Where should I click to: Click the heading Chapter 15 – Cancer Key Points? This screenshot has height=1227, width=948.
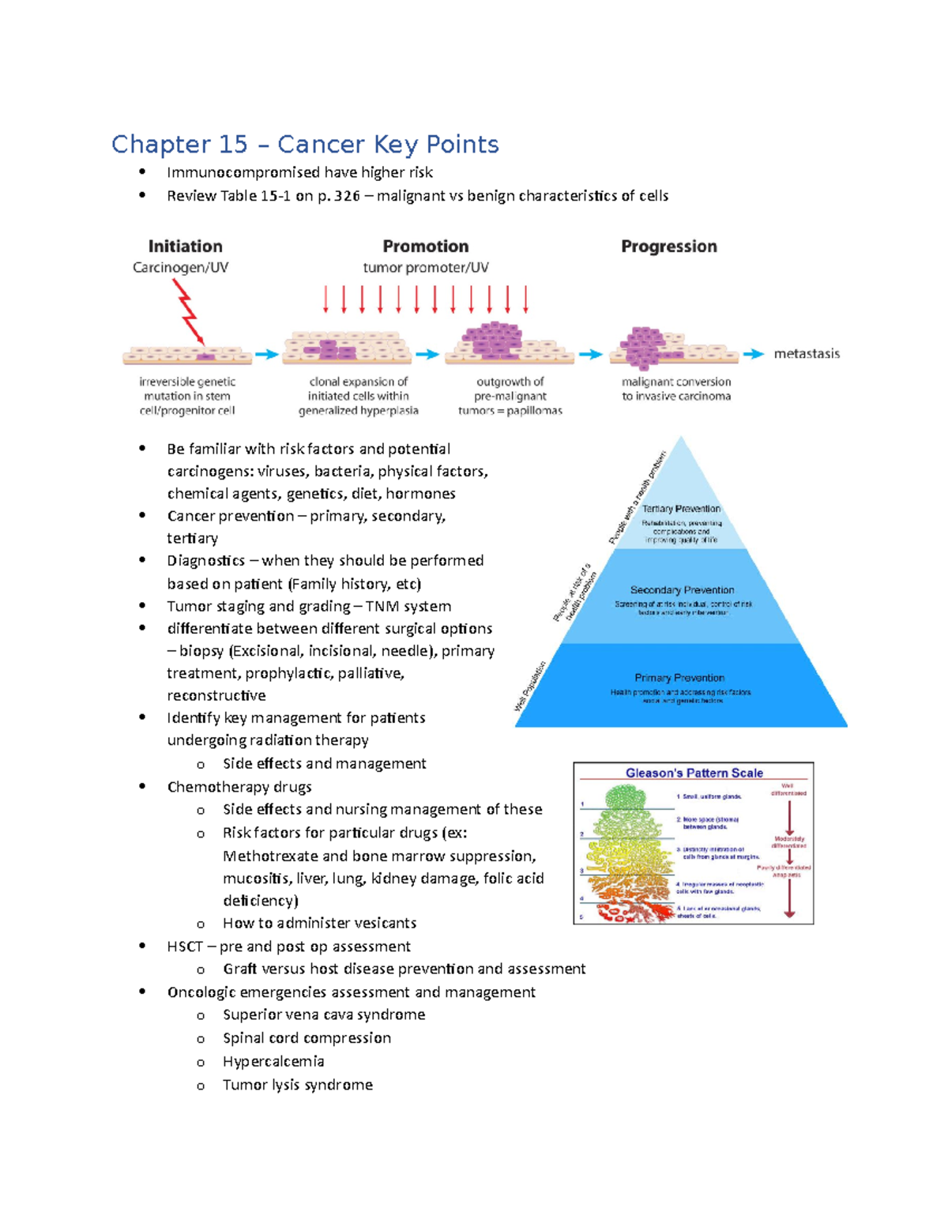(x=305, y=145)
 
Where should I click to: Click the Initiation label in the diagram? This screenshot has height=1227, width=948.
(x=186, y=247)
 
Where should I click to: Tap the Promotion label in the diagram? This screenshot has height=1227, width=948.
(x=426, y=247)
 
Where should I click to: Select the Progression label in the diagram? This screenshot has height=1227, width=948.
(x=669, y=247)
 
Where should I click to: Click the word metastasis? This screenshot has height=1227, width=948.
(x=807, y=354)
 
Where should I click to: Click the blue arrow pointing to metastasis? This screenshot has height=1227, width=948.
(x=754, y=354)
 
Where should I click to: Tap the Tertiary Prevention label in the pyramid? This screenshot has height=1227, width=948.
(x=681, y=509)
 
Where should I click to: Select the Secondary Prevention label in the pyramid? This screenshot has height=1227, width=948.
(x=683, y=590)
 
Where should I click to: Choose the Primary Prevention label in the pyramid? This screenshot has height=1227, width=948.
(x=679, y=678)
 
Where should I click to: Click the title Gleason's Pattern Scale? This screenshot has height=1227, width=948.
(x=694, y=773)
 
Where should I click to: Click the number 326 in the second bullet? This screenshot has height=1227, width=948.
(x=347, y=196)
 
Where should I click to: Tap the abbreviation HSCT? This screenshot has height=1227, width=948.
(x=185, y=947)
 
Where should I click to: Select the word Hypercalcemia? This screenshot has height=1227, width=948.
(x=273, y=1062)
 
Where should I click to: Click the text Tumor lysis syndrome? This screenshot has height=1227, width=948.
(x=298, y=1085)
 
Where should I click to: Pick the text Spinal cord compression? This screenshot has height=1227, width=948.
(x=307, y=1038)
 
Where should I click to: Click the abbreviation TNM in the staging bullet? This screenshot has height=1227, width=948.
(x=383, y=607)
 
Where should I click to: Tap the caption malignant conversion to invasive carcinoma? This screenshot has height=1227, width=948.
(x=676, y=389)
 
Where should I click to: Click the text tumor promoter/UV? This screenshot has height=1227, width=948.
(x=426, y=268)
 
